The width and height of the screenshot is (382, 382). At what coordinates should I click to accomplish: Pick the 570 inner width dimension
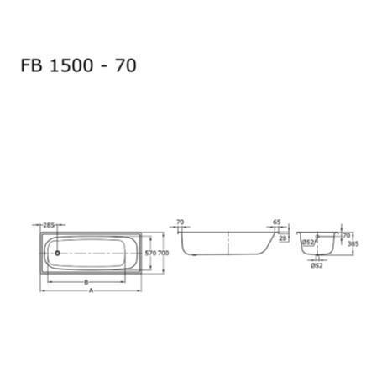tap(151, 252)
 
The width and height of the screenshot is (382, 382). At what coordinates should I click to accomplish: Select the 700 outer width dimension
tap(164, 252)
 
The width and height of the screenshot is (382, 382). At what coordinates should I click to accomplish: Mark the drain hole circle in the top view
tap(54, 251)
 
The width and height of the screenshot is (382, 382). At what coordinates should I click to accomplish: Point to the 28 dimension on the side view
tap(283, 238)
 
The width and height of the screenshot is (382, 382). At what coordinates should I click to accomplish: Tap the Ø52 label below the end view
tap(317, 266)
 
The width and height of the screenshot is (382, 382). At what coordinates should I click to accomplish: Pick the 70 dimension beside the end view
tap(345, 236)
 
